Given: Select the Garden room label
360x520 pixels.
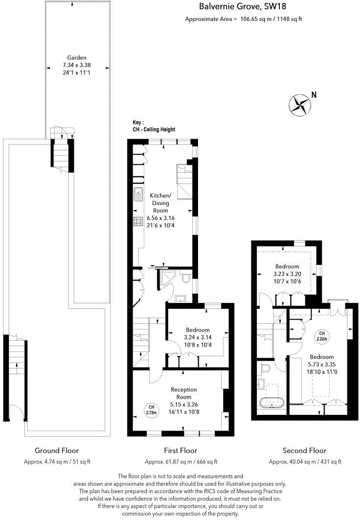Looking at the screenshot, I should pyautogui.click(x=77, y=58).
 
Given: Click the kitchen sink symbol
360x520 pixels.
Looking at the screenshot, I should pyautogui.click(x=137, y=194).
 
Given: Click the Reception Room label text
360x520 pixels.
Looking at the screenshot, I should pyautogui.click(x=183, y=393).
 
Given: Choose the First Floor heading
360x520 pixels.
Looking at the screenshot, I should pyautogui.click(x=181, y=451).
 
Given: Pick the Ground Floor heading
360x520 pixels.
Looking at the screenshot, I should pyautogui.click(x=57, y=451).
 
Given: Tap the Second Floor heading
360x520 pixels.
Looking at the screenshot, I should pyautogui.click(x=305, y=451).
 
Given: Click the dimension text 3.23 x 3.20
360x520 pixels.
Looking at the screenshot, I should pyautogui.click(x=287, y=274).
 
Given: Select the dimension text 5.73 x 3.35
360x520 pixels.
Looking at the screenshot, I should pyautogui.click(x=321, y=364).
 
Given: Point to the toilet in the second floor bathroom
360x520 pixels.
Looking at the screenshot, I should pyautogui.click(x=266, y=367).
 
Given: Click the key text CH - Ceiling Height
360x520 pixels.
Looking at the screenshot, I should pyautogui.click(x=154, y=130).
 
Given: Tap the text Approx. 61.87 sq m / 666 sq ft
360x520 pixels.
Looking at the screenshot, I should pyautogui.click(x=181, y=462).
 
